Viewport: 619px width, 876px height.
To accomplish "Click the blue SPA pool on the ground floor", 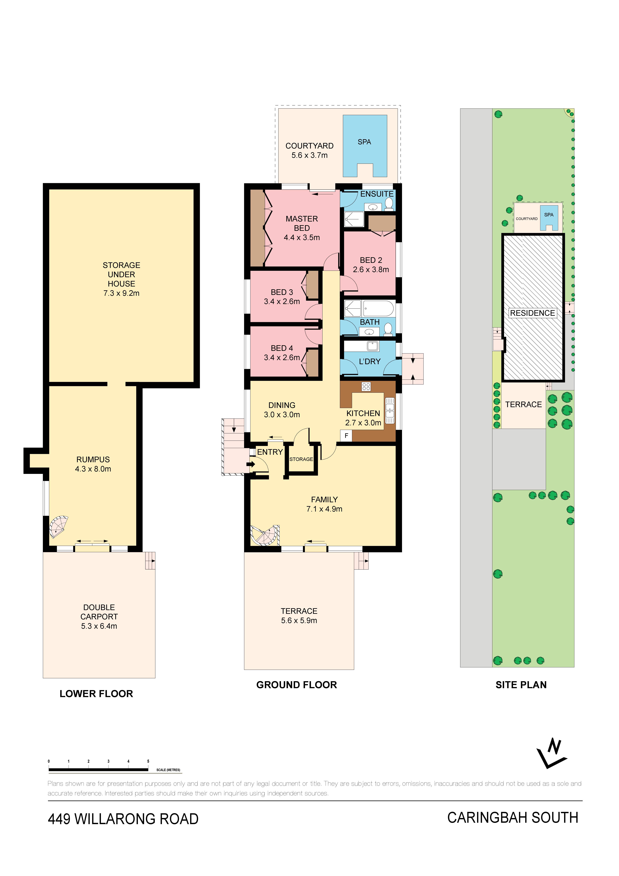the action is tap(365, 146).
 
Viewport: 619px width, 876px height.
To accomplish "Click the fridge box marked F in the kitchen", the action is tap(346, 435).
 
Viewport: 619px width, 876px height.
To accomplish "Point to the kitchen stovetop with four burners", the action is tap(366, 386).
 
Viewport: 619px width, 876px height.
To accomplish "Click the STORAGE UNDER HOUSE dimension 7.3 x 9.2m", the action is tap(121, 293).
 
